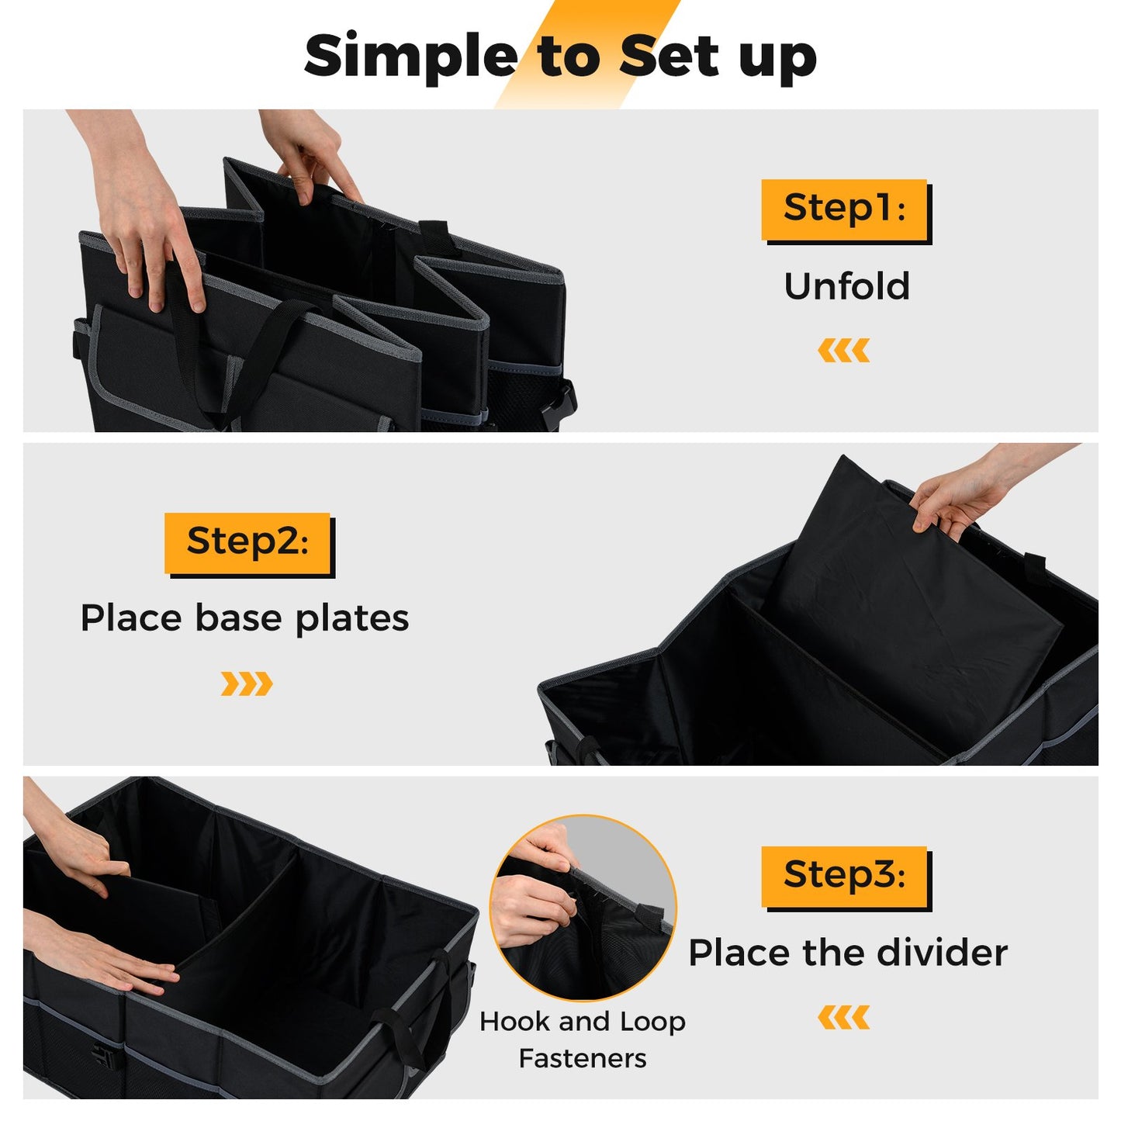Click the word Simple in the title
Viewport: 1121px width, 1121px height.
coord(410,57)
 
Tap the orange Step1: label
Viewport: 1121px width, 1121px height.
coord(844,209)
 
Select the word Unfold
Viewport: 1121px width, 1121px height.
coord(846,286)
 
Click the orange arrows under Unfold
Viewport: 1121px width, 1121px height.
coord(843,351)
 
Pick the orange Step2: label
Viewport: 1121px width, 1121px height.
coord(247,541)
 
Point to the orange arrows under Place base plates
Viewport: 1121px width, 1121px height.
coord(247,684)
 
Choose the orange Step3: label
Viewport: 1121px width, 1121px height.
coord(844,876)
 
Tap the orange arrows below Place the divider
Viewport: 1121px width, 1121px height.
coord(843,1017)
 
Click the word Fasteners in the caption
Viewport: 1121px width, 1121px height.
coord(583,1058)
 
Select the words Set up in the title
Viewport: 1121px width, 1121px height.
coord(718,57)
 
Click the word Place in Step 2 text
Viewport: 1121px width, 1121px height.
coord(132,618)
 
